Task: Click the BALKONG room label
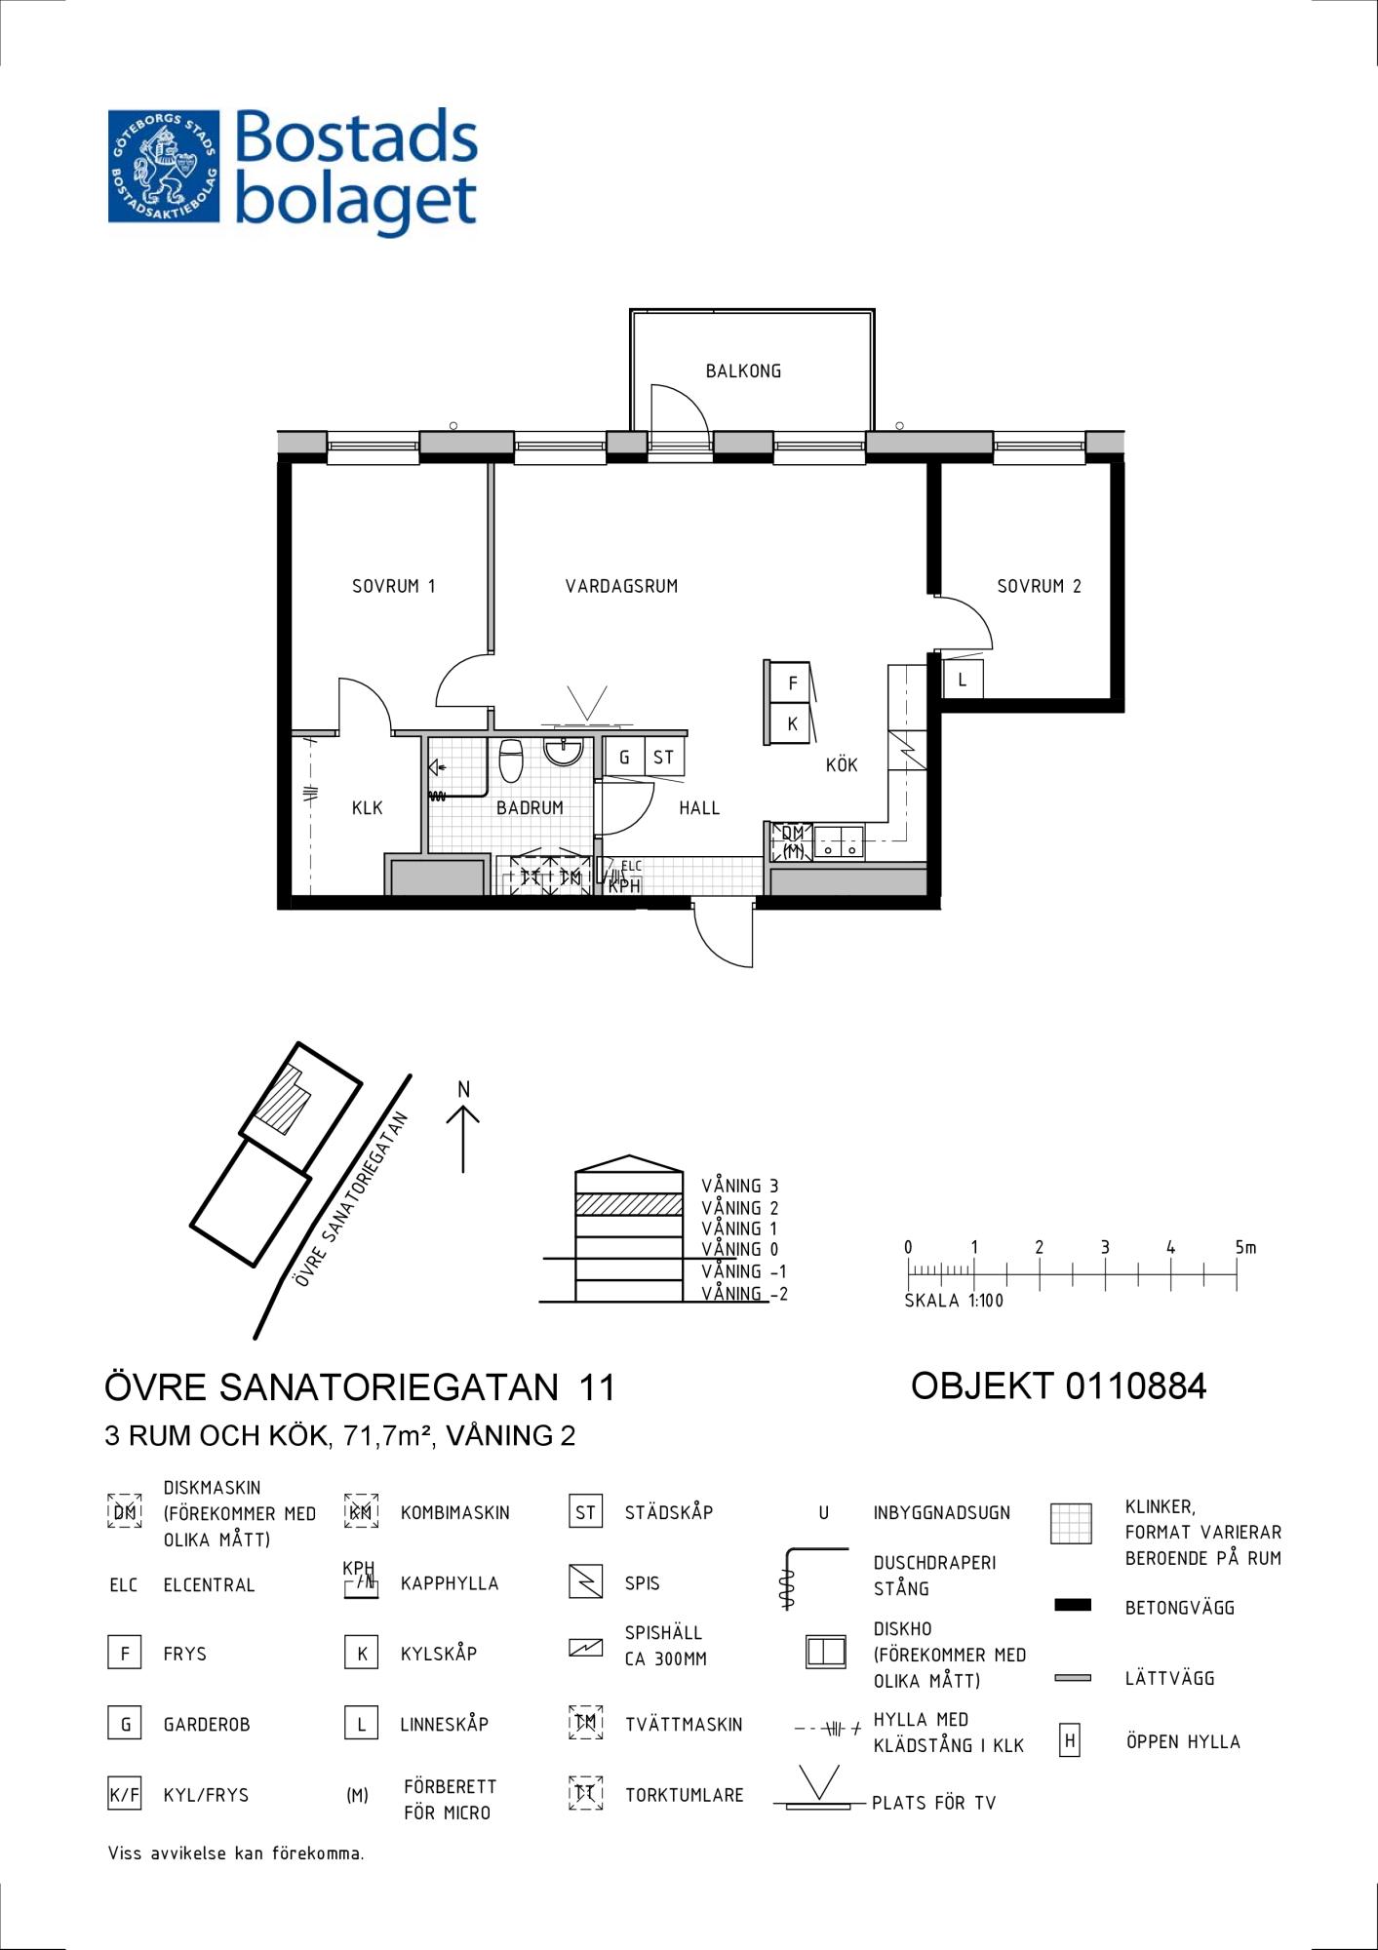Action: click(x=743, y=370)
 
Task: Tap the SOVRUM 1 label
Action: click(x=393, y=586)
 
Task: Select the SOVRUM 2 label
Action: click(x=1039, y=586)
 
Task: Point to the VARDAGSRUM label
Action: click(x=621, y=586)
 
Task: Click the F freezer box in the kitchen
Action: click(x=792, y=682)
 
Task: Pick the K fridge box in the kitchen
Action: click(x=792, y=723)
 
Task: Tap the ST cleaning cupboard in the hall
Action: click(x=664, y=757)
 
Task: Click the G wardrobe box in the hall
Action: click(x=624, y=757)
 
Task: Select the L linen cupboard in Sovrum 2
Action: click(x=963, y=680)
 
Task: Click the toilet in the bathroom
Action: click(x=511, y=760)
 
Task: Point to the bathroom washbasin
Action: click(x=564, y=751)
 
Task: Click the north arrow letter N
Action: click(x=464, y=1089)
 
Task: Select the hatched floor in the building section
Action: click(x=629, y=1204)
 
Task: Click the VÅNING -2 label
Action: click(x=744, y=1294)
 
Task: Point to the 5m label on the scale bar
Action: click(x=1245, y=1247)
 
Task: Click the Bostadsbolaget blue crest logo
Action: click(x=164, y=166)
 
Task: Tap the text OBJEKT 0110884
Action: click(x=1059, y=1385)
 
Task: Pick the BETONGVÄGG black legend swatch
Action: click(x=1073, y=1605)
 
